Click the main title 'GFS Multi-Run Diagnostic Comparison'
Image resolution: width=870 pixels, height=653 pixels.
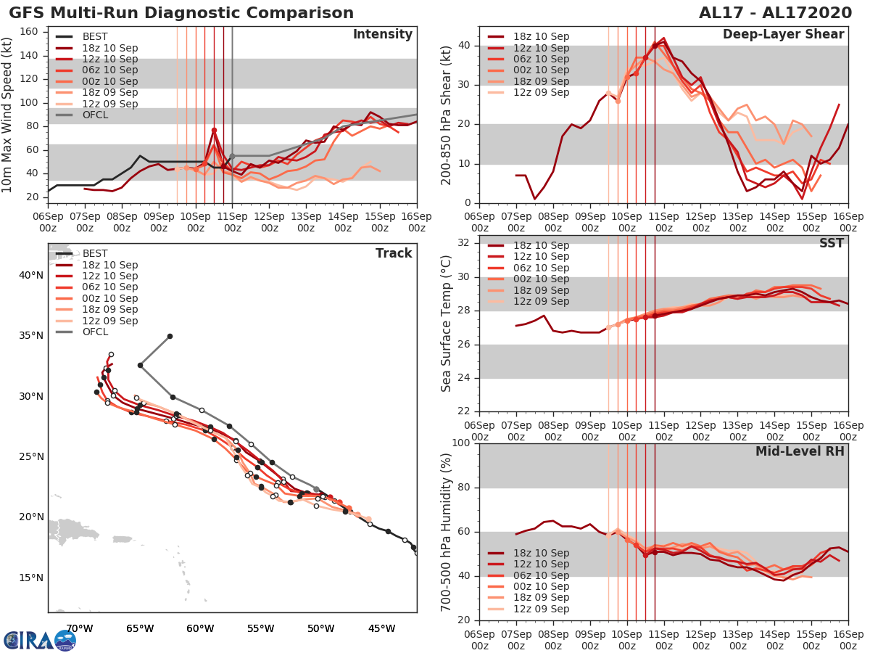(x=181, y=13)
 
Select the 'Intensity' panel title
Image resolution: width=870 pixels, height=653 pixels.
(x=383, y=35)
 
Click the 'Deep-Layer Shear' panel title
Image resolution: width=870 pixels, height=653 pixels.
(x=784, y=35)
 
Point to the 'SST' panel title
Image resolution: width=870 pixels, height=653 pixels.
(x=831, y=243)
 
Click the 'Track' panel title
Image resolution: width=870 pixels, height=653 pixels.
(x=394, y=253)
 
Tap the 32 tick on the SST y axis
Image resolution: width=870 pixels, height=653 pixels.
(x=465, y=242)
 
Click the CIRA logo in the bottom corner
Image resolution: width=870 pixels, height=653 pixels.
(x=39, y=641)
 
